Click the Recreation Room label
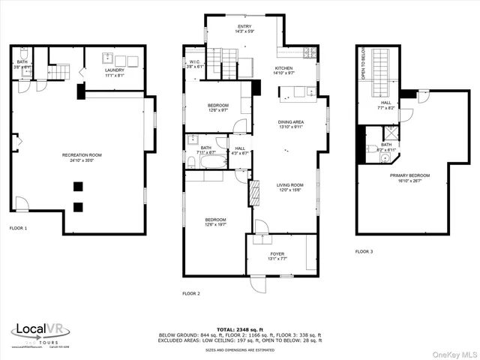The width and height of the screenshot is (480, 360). (x=82, y=157)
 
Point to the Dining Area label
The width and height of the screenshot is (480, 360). (x=290, y=124)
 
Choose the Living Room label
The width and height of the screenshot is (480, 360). (x=289, y=187)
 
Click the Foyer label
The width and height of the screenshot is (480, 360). (x=277, y=257)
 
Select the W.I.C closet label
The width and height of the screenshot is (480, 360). (x=194, y=64)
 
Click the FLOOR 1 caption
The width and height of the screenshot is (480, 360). (x=18, y=228)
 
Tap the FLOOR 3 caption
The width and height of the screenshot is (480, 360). (x=364, y=251)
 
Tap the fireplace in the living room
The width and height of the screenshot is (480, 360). (x=253, y=193)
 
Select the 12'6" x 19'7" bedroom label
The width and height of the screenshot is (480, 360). (x=216, y=222)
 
